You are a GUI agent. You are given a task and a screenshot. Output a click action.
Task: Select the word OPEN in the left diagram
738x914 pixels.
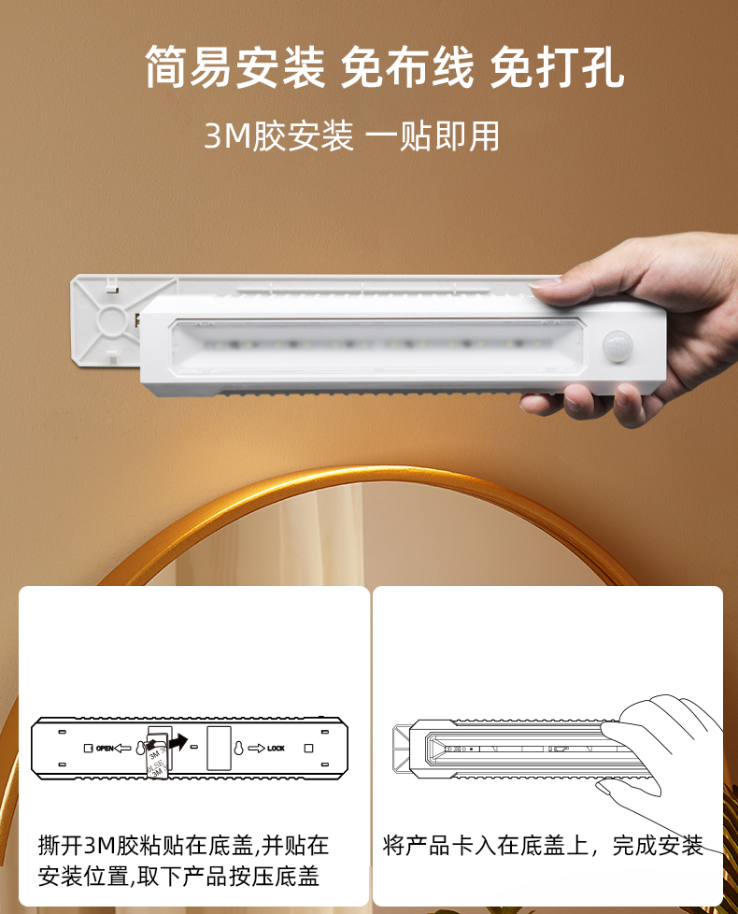pos(105,748)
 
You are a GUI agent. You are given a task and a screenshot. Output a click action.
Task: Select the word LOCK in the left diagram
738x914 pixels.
pos(277,748)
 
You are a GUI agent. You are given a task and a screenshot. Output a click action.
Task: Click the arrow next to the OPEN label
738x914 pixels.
pos(122,748)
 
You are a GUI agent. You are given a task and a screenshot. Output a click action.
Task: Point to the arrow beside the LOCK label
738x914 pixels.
pos(257,748)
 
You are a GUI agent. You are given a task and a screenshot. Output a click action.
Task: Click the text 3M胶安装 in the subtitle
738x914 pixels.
pos(278,136)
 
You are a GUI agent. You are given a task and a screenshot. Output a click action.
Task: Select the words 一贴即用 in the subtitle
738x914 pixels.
pos(433,136)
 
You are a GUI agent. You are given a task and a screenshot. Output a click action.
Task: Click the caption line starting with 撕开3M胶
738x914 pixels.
pos(183,845)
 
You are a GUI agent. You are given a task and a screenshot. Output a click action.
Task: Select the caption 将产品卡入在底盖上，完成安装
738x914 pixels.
pos(543,845)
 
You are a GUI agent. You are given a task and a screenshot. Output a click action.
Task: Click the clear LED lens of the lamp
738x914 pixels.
pos(376,346)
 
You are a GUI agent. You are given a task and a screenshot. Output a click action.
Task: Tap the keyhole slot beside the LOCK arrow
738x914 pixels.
pos(239,748)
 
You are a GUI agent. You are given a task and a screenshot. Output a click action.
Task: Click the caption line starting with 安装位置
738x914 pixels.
pos(178,876)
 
